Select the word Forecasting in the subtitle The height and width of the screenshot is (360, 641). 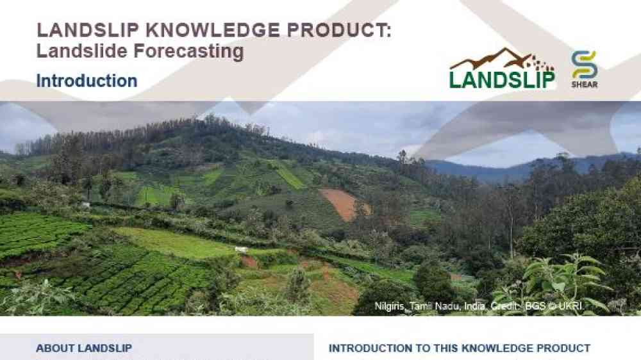(189, 52)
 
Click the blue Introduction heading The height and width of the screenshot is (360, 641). (87, 81)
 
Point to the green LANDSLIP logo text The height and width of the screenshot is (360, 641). (502, 79)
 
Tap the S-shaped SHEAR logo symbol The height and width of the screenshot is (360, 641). (585, 65)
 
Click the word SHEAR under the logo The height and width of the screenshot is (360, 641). (585, 85)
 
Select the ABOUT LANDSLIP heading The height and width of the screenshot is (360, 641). (84, 348)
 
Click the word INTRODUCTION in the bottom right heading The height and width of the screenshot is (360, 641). (370, 348)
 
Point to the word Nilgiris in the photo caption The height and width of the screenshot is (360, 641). (390, 306)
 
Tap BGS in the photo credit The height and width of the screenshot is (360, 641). (535, 306)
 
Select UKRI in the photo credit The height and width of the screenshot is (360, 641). (572, 306)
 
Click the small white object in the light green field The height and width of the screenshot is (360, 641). (241, 249)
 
